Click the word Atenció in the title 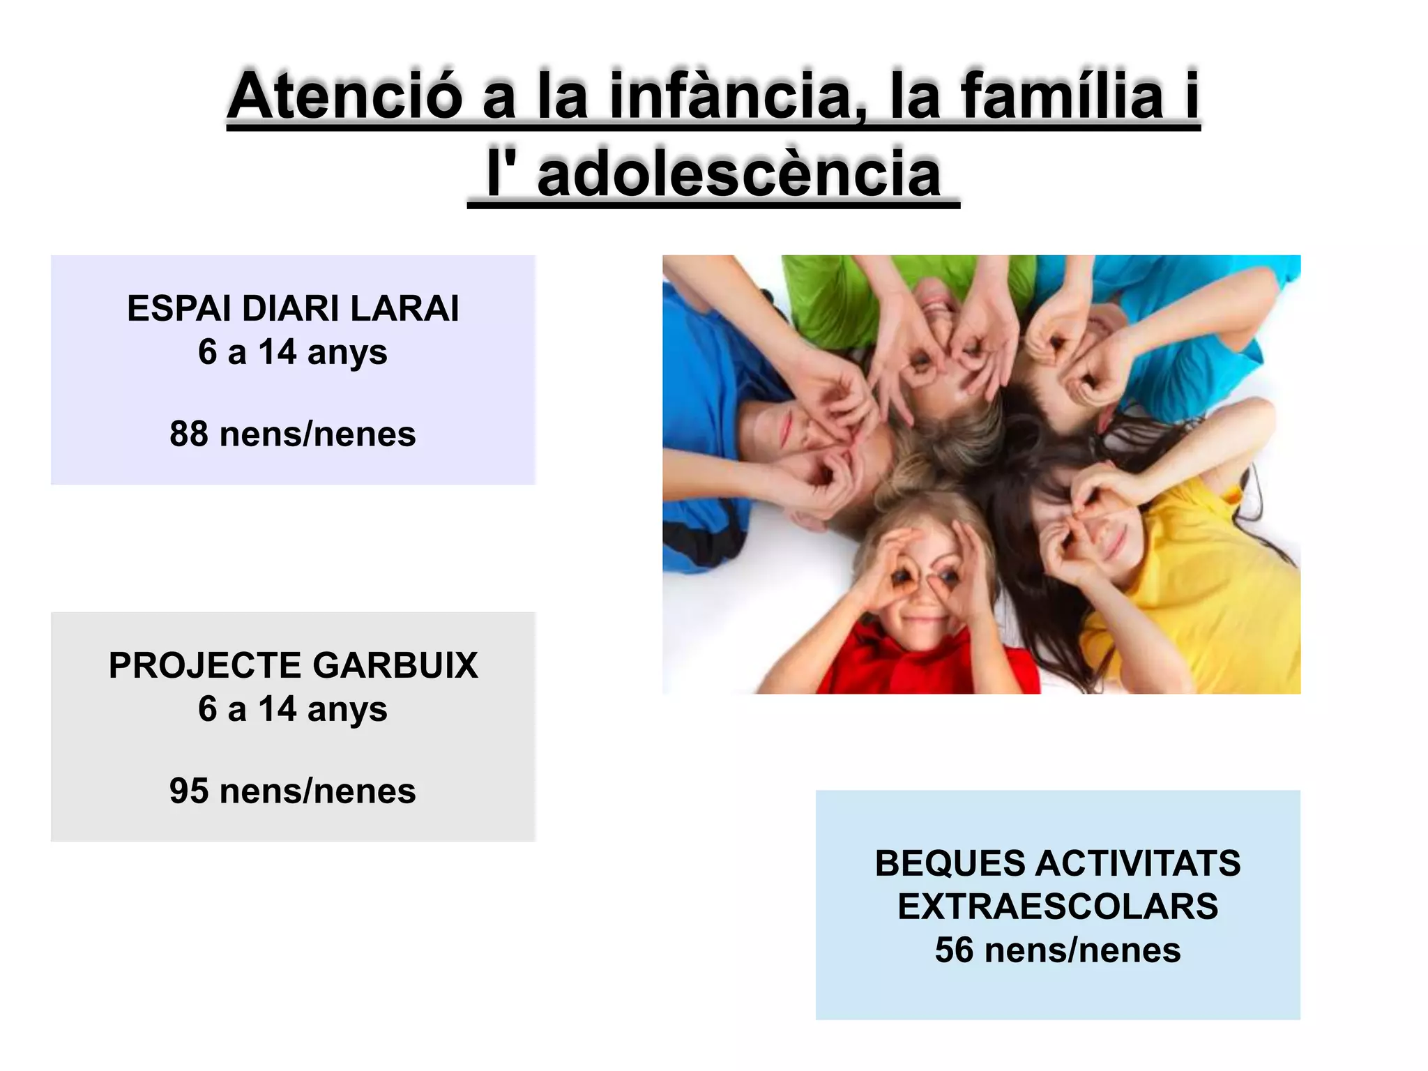tap(345, 96)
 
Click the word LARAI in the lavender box tap(404, 308)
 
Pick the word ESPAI tap(178, 308)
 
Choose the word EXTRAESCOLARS tap(1058, 906)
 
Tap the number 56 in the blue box tap(954, 950)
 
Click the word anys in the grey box tap(347, 709)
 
